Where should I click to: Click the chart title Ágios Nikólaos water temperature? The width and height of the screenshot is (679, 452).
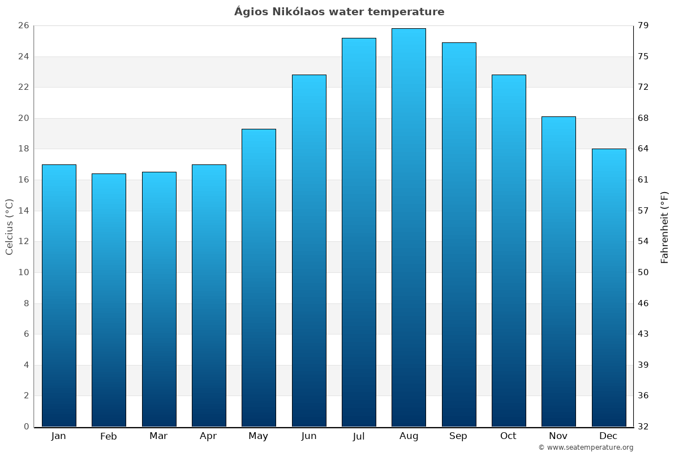339,12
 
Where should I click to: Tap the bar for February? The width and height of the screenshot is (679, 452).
109,299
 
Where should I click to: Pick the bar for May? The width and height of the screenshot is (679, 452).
259,277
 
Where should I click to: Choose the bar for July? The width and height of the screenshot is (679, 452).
359,232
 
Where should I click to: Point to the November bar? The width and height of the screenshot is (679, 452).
558,271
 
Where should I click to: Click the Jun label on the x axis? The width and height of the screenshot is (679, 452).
309,436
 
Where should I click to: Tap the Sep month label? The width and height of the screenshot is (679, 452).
458,436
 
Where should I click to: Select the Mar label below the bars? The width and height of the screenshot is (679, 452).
158,436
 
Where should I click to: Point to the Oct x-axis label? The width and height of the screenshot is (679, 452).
508,436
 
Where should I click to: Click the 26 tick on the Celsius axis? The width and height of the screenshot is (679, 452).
23,26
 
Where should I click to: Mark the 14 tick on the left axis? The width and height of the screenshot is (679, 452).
23,211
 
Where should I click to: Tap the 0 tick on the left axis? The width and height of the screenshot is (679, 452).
26,427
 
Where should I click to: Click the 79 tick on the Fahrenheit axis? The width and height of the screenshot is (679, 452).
644,26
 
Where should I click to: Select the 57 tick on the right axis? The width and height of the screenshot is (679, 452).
644,211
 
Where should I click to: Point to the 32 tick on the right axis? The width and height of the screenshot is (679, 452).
644,427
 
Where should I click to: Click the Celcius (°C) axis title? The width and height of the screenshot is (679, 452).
9,227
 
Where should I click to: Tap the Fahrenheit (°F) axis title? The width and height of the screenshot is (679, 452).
665,227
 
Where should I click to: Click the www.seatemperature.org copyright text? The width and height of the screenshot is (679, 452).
586,447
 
